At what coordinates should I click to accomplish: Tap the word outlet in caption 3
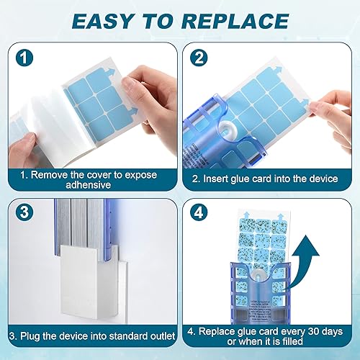click(x=152, y=335)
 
